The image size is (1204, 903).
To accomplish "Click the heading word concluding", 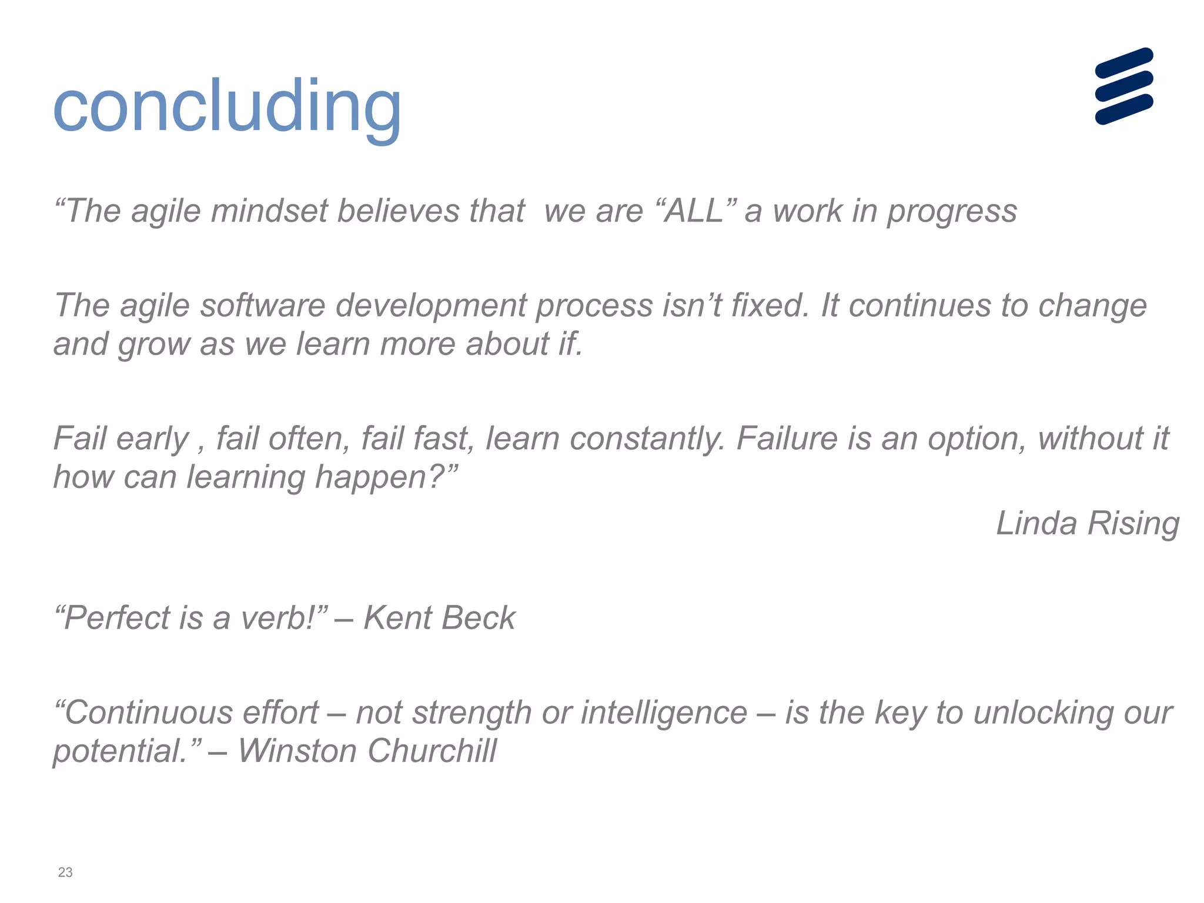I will coord(227,107).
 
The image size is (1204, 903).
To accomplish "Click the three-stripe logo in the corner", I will coord(1123,86).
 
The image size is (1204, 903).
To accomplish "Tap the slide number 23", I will coord(65,872).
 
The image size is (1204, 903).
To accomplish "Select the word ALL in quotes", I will coord(694,211).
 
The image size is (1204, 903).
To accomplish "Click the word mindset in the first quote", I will coord(269,211).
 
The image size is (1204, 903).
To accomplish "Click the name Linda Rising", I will coord(1088,523).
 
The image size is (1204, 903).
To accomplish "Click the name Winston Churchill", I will coord(367,751).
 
